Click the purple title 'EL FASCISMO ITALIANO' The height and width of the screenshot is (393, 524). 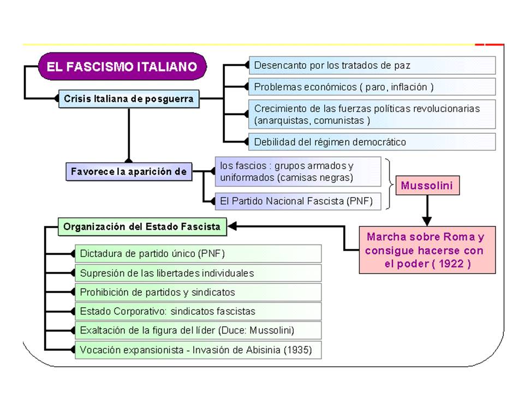point(122,67)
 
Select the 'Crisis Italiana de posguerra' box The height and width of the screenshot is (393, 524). point(128,99)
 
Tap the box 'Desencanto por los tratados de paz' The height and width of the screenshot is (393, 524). point(372,65)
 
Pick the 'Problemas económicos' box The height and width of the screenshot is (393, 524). point(372,87)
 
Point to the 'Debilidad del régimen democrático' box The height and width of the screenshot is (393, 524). point(372,142)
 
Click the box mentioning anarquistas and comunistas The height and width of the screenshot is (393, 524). point(372,114)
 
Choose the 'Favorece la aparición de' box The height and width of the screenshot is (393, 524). point(129,171)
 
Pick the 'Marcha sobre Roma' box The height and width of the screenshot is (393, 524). point(427,250)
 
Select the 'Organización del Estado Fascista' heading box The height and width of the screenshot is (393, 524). point(142,227)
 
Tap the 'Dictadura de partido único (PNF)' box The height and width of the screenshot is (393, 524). point(197,254)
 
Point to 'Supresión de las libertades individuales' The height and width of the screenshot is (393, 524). point(197,273)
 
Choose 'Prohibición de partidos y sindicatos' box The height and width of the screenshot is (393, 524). point(197,292)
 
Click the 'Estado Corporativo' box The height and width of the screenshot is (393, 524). point(197,311)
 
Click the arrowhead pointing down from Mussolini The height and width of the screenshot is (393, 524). point(427,221)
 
